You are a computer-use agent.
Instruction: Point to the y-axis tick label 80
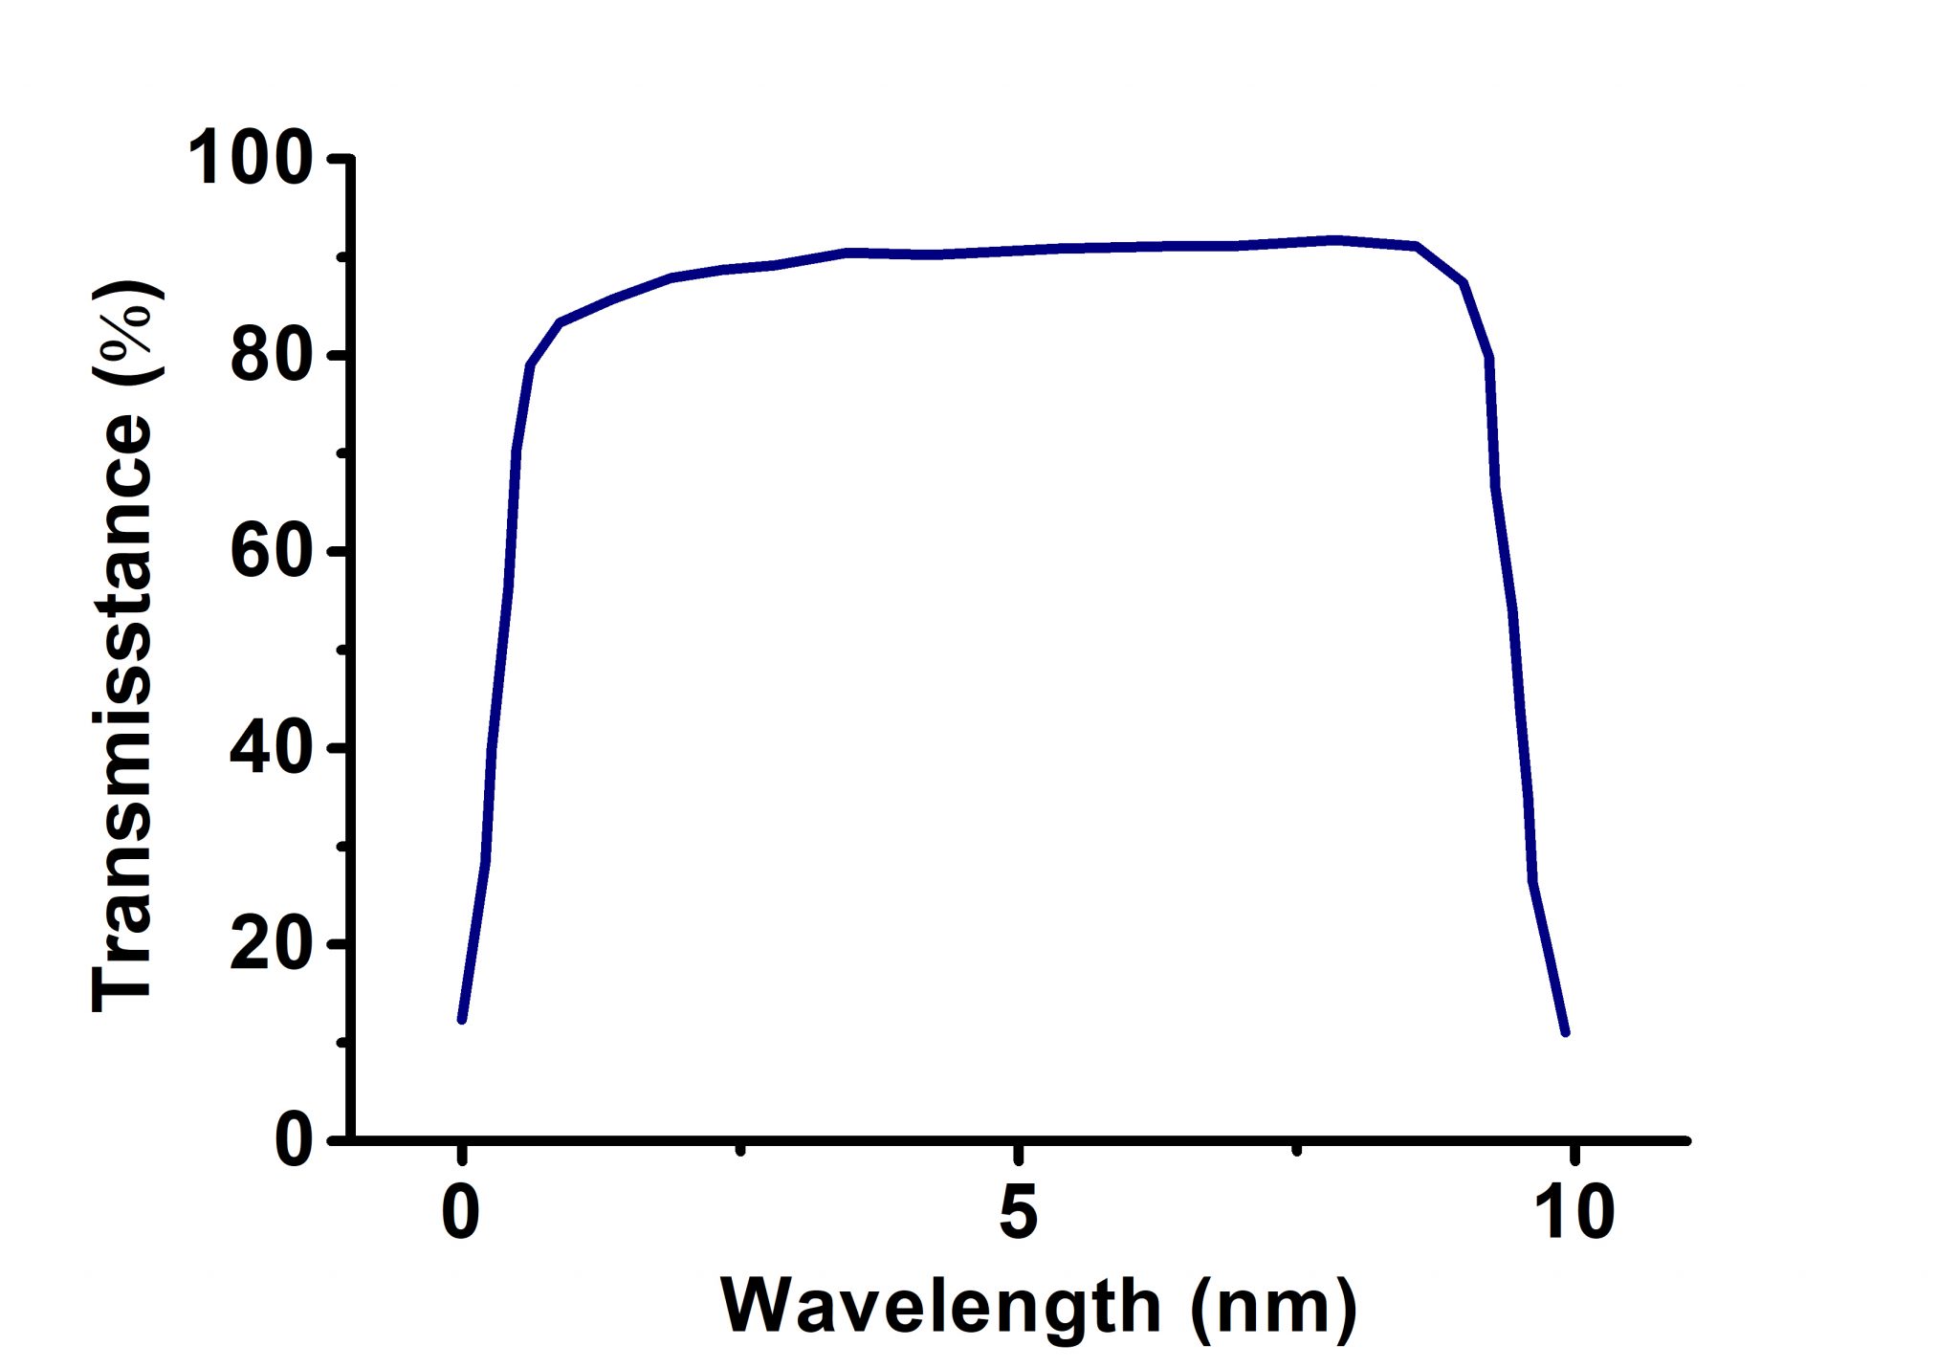point(272,356)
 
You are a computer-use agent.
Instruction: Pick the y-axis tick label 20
point(272,944)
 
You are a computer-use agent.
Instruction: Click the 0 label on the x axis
point(461,1213)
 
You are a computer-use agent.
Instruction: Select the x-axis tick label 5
point(1019,1213)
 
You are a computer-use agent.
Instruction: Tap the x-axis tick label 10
point(1574,1213)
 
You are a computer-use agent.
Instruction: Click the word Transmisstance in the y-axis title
point(124,713)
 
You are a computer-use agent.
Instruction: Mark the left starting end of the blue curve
point(462,1020)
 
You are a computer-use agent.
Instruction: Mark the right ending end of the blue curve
point(1566,1033)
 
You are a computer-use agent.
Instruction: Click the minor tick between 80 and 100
point(341,257)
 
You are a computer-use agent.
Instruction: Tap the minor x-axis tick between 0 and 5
point(739,1149)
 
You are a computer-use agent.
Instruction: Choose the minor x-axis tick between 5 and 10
point(1296,1149)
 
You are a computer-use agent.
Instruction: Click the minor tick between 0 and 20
point(341,1042)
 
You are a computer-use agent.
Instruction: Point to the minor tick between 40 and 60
point(341,650)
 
